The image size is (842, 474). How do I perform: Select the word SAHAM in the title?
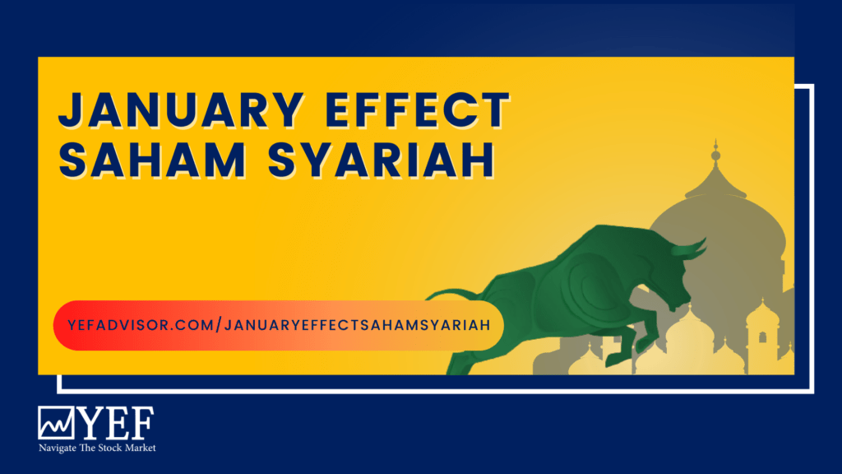(x=152, y=160)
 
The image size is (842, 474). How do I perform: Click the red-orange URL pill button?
(x=278, y=325)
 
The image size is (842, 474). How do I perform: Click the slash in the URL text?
(x=219, y=325)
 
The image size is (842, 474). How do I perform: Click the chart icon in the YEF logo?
(x=56, y=422)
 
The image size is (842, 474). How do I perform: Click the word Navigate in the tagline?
(x=58, y=448)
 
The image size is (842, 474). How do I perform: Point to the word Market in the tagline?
(x=140, y=448)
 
